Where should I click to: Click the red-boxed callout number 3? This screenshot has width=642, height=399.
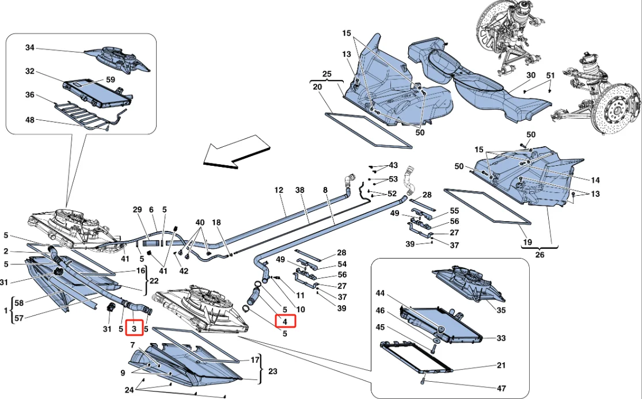134,328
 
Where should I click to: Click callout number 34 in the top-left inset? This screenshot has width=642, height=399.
30,48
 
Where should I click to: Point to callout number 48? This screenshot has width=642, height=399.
30,120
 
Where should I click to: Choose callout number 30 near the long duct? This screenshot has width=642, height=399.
531,75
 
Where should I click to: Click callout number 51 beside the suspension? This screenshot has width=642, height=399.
550,75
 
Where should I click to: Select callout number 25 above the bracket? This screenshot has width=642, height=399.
327,75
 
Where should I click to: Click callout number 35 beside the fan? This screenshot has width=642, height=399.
502,309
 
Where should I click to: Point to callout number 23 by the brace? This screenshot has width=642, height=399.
272,371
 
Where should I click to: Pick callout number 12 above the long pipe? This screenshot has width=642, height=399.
279,189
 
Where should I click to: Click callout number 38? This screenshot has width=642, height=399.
299,189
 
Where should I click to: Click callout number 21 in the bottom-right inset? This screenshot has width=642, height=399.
502,366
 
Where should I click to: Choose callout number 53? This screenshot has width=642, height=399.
393,179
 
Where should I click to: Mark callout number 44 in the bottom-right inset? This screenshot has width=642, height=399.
381,293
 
